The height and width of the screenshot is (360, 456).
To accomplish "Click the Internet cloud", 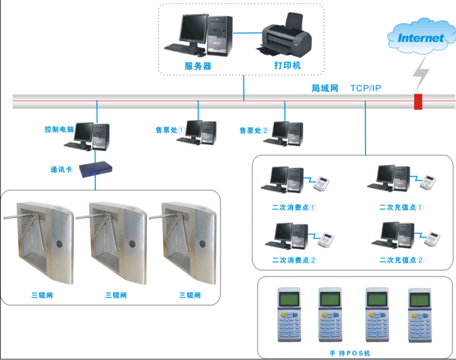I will pyautogui.click(x=420, y=38).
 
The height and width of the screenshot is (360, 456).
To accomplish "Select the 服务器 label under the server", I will pyautogui.click(x=198, y=66).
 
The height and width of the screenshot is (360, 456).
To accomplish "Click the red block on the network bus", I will pyautogui.click(x=418, y=101).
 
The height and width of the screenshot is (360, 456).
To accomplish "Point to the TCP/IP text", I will pyautogui.click(x=365, y=88).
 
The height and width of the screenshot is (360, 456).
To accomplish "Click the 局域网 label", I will pyautogui.click(x=325, y=88).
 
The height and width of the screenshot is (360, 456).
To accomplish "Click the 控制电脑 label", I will pyautogui.click(x=59, y=129).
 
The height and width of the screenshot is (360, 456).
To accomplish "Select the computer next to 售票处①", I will pyautogui.click(x=197, y=132).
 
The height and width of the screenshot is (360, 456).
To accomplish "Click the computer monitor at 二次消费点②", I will pyautogui.click(x=282, y=232).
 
